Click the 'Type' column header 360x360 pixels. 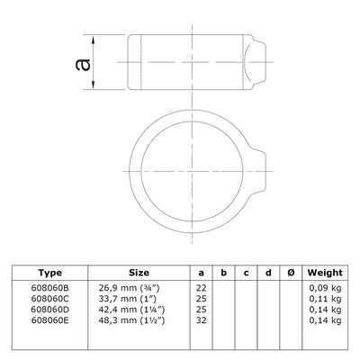coord(51,271)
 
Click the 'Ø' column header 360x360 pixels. coord(287,271)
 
